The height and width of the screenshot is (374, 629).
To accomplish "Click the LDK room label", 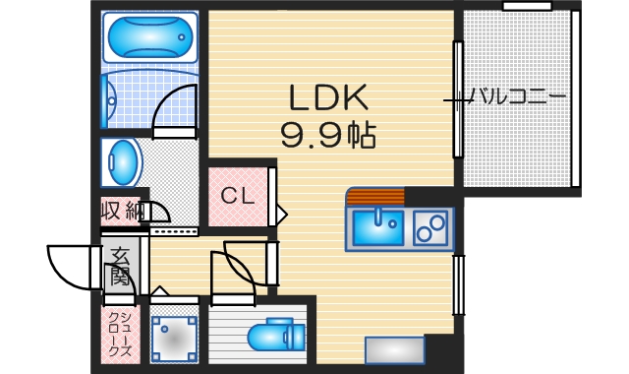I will tap(327, 96).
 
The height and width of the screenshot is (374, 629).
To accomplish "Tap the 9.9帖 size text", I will tap(327, 135).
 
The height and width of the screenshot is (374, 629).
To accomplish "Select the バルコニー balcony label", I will tap(517, 96).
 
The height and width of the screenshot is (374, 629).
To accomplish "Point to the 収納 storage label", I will tap(122, 211).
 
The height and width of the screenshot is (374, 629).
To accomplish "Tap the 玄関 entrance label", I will tap(119, 264).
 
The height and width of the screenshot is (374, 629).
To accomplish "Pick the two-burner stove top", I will tap(429, 228).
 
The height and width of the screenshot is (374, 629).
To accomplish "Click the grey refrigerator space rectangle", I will tap(394, 350).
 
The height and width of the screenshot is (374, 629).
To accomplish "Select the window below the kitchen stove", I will tap(457, 285).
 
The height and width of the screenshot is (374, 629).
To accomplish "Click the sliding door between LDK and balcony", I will tap(457, 98).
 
